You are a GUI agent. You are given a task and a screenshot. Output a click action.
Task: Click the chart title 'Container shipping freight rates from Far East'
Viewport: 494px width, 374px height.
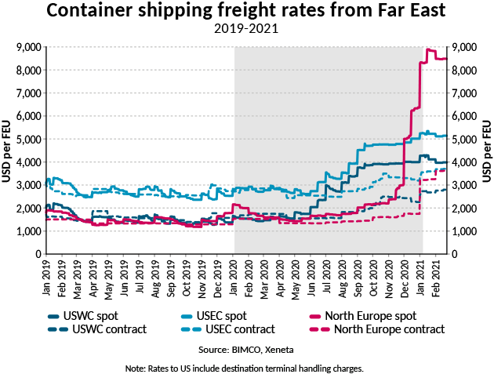click(247, 12)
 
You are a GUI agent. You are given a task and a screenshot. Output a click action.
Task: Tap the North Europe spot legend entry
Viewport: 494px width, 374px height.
click(368, 316)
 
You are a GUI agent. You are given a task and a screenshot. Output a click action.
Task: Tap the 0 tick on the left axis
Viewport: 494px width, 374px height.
click(37, 255)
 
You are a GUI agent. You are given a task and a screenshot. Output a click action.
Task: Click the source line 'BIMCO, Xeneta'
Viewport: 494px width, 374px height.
click(247, 348)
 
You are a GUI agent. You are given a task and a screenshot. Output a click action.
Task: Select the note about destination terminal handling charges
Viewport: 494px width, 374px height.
click(247, 367)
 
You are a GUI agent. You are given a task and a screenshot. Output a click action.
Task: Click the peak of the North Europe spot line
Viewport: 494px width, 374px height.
click(429, 49)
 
